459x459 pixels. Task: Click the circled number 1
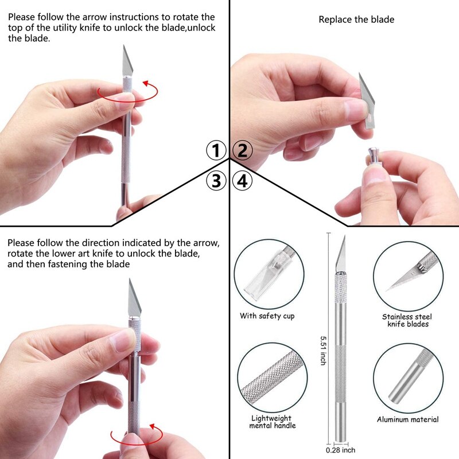(216, 151)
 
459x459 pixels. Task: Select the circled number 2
(242, 151)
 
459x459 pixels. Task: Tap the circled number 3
(216, 181)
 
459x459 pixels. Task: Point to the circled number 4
(242, 181)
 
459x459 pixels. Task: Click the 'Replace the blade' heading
(356, 20)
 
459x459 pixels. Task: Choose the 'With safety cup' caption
(267, 316)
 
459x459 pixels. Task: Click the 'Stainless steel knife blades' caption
(407, 320)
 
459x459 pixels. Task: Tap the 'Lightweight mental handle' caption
(273, 422)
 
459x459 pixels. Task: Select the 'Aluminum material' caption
(407, 419)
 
